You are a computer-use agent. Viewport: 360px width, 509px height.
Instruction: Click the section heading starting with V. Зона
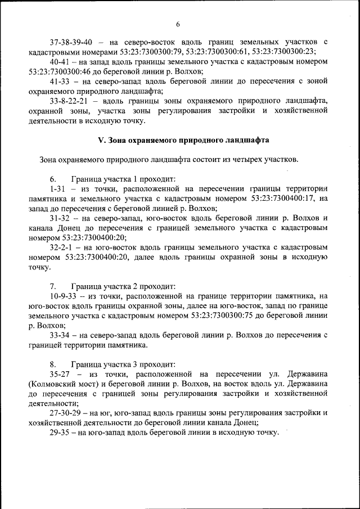coord(176,139)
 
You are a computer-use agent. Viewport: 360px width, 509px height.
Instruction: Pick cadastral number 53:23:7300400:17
coord(280,199)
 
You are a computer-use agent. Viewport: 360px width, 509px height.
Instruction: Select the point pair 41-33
coord(58,82)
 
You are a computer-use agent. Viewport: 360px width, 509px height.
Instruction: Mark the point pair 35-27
coord(60,373)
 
